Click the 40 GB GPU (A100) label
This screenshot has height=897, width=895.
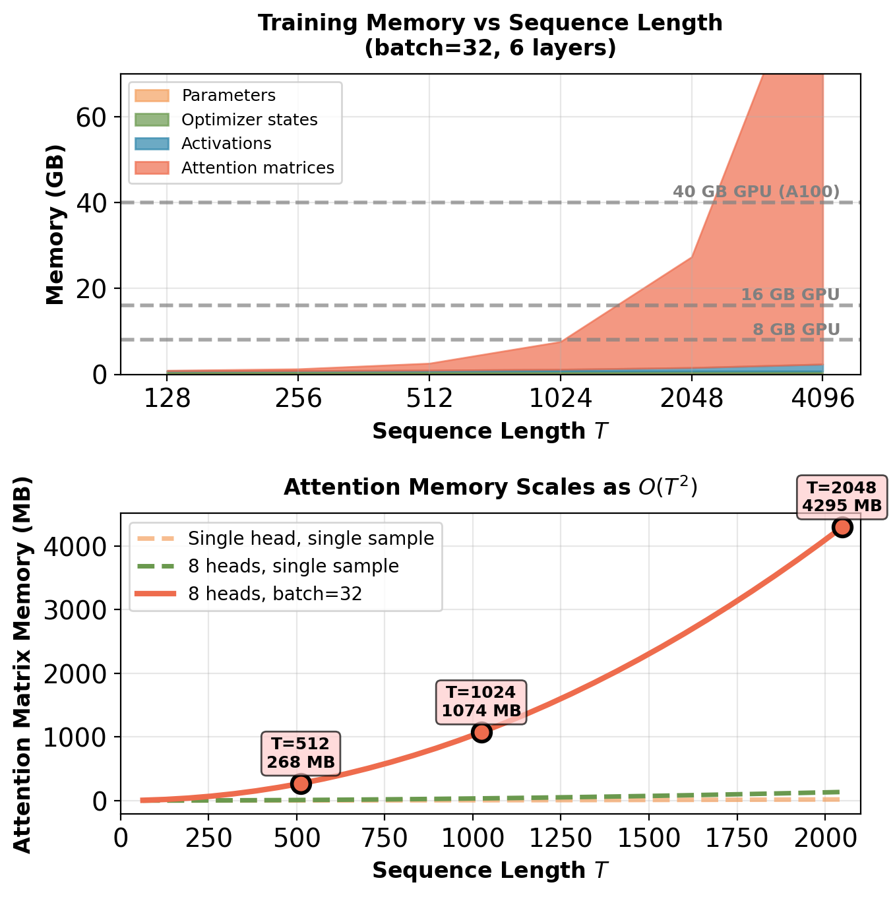click(756, 192)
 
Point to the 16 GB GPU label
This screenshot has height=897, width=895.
click(790, 295)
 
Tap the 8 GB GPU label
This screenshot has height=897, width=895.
click(796, 329)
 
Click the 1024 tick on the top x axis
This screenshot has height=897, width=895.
click(561, 399)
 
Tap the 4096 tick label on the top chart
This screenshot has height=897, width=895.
click(822, 399)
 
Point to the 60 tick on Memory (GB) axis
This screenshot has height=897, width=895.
click(91, 117)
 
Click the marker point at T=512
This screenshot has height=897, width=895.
click(301, 784)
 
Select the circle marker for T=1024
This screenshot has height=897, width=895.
click(481, 732)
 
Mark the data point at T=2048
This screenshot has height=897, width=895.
click(842, 527)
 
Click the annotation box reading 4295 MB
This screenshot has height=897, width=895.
click(842, 497)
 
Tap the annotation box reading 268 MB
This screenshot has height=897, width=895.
click(301, 753)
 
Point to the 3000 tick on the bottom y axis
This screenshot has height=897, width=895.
click(75, 610)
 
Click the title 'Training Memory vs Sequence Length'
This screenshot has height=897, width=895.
click(490, 23)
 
